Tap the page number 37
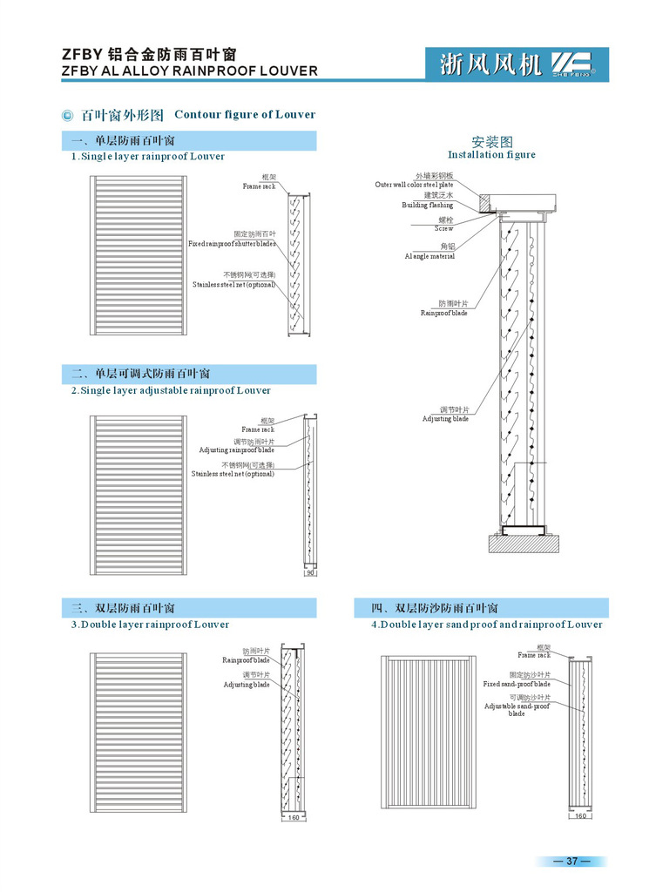tap(571, 862)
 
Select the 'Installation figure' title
tap(491, 154)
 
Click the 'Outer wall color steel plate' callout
tap(414, 185)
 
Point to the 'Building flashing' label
tap(427, 206)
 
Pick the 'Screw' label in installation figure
tap(444, 228)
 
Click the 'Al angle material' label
tap(429, 257)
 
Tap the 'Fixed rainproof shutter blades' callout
tap(232, 244)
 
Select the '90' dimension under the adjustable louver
tap(310, 572)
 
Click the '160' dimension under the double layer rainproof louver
tap(294, 817)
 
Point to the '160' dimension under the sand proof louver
tap(581, 815)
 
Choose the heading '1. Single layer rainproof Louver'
tap(148, 157)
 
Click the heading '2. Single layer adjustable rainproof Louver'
tap(171, 391)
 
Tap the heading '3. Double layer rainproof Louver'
tap(150, 625)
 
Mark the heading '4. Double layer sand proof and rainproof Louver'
tap(487, 625)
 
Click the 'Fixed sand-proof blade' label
tap(517, 685)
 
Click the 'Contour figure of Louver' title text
tap(245, 114)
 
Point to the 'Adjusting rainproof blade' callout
tap(236, 450)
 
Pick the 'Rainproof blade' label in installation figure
tap(443, 313)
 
